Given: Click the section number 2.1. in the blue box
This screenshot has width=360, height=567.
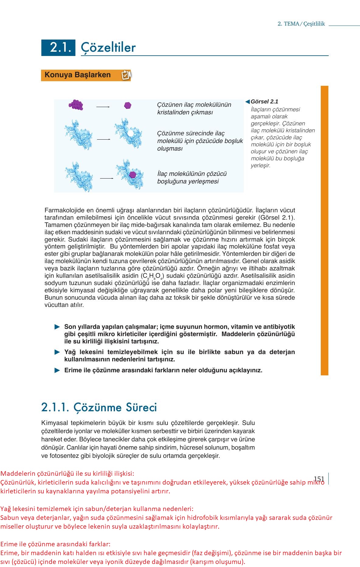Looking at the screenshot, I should point(61,48).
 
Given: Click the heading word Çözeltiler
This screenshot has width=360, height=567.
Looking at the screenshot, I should point(108,48).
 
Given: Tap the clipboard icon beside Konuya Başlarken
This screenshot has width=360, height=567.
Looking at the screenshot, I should point(126,75).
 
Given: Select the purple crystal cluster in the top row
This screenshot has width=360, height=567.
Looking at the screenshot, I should point(76,105).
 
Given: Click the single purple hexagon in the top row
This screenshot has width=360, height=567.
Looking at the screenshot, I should point(128,106).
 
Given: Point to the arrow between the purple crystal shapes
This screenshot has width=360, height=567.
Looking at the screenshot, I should point(103,107).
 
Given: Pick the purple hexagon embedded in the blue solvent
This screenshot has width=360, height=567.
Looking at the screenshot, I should point(133,175).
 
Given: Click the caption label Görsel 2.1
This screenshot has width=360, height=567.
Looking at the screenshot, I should point(264,102).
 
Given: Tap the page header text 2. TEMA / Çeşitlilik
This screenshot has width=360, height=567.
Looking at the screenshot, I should point(301,24).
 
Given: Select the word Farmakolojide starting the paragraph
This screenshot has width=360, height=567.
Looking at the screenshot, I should point(62,210).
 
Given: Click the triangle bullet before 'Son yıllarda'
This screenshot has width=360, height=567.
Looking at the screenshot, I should point(57,327).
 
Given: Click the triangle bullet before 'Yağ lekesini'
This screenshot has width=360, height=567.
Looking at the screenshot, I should point(57,352).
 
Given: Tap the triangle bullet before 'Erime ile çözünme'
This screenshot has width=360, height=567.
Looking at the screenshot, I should point(57,370).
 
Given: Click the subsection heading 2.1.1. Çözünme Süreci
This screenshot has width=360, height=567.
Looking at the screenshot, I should point(99,407).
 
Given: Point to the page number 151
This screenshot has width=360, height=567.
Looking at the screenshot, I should point(319,479).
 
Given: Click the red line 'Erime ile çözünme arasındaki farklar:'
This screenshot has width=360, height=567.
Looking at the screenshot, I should point(55,544).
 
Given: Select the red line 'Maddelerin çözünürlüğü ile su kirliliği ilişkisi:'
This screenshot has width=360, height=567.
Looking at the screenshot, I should point(67,474).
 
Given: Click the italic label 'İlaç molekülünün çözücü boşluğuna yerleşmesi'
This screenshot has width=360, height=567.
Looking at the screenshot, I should point(192,178).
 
